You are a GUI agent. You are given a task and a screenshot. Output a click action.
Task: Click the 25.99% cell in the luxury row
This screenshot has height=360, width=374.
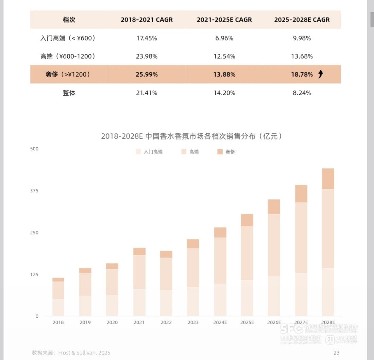tap(147, 75)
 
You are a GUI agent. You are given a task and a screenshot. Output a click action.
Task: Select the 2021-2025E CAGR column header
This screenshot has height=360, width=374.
tap(224, 20)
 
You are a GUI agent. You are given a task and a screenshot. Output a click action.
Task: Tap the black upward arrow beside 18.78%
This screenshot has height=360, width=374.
tap(320, 74)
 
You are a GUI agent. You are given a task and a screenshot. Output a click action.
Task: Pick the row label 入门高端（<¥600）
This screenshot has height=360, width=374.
tap(68, 38)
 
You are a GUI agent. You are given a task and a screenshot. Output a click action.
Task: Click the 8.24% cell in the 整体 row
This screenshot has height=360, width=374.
tap(302, 93)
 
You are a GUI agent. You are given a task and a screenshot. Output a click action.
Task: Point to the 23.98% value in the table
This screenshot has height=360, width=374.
tap(147, 56)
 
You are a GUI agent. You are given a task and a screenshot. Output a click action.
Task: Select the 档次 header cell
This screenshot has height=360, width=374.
tap(69, 20)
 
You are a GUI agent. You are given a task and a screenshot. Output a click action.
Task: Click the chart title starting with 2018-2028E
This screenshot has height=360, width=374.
tap(192, 136)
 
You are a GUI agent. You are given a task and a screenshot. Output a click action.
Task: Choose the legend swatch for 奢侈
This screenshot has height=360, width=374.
tap(220, 152)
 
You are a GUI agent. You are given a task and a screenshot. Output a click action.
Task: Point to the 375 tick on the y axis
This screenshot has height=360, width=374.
tap(35, 191)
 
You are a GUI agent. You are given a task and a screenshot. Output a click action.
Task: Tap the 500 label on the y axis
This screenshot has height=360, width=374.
tap(35, 149)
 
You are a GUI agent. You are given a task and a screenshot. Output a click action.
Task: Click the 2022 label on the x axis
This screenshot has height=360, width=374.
tap(166, 323)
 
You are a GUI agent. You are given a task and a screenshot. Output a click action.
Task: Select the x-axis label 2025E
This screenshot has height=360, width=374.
tap(247, 323)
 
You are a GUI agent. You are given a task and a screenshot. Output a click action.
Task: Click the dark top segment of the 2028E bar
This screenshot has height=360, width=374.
tap(328, 179)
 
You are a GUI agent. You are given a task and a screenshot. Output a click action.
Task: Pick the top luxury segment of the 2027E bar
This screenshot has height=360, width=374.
tap(301, 194)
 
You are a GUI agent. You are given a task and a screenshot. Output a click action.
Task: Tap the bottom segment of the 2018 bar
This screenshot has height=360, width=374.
tap(58, 307)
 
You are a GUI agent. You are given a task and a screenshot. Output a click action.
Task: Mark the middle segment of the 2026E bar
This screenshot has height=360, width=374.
tap(274, 245)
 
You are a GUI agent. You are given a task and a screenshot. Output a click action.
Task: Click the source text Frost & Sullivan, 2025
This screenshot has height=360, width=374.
tap(84, 353)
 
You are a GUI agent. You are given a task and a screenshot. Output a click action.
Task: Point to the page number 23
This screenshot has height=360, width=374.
tap(336, 353)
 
